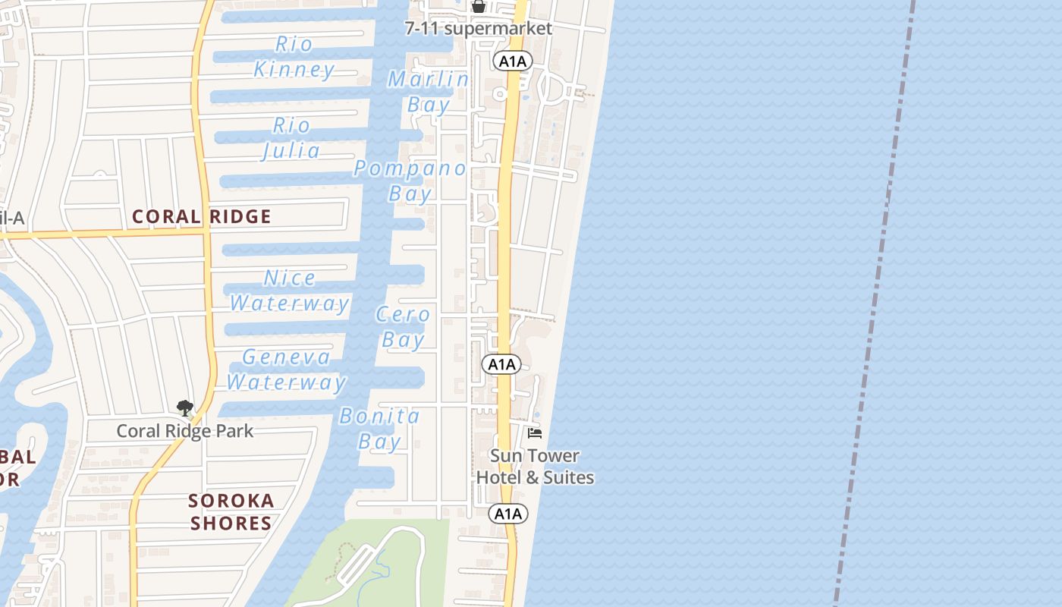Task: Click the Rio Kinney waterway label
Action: point(294,57)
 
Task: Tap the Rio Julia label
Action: point(291,137)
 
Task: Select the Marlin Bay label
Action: point(429,91)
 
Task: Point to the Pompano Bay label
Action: point(410,181)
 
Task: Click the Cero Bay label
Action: point(404,326)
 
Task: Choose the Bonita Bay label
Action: point(379,429)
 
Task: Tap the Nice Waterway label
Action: point(289,291)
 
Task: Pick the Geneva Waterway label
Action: point(286,370)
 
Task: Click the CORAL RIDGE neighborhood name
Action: point(201,217)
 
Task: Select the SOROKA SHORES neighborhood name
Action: point(231,512)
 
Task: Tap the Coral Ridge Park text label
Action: point(184,431)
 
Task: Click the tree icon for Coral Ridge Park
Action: point(184,409)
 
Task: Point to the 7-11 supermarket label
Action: point(478,29)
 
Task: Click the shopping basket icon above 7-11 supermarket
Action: point(479,7)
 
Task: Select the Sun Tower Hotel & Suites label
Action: point(535,467)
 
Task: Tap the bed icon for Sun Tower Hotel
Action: point(535,433)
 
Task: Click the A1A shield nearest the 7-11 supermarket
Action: point(513,61)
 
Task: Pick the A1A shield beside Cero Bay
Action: point(501,364)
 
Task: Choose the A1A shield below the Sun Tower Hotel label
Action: point(508,514)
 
